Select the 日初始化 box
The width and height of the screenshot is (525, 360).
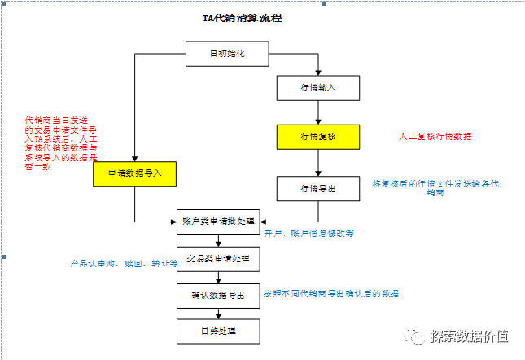pos(227,54)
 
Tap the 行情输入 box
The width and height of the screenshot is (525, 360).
pos(317,87)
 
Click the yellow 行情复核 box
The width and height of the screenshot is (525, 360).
pos(317,137)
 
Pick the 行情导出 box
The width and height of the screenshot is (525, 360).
pos(317,188)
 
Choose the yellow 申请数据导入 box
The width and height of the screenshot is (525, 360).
pos(134,173)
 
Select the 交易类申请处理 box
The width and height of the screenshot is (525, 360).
pos(218,259)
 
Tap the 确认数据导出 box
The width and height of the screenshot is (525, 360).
pos(218,295)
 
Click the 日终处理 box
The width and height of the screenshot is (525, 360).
pos(218,331)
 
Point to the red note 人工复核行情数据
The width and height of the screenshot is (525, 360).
pos(435,136)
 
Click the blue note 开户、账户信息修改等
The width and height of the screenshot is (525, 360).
pos(308,233)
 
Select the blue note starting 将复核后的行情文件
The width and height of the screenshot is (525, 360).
pos(435,188)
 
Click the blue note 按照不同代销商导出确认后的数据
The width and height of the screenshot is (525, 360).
pos(330,293)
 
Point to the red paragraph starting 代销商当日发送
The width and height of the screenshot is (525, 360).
pos(61,143)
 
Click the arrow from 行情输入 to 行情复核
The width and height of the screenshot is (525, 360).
pos(317,112)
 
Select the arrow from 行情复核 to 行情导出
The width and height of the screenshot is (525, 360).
pos(317,163)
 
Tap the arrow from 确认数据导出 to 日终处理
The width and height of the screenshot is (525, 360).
pos(218,313)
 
